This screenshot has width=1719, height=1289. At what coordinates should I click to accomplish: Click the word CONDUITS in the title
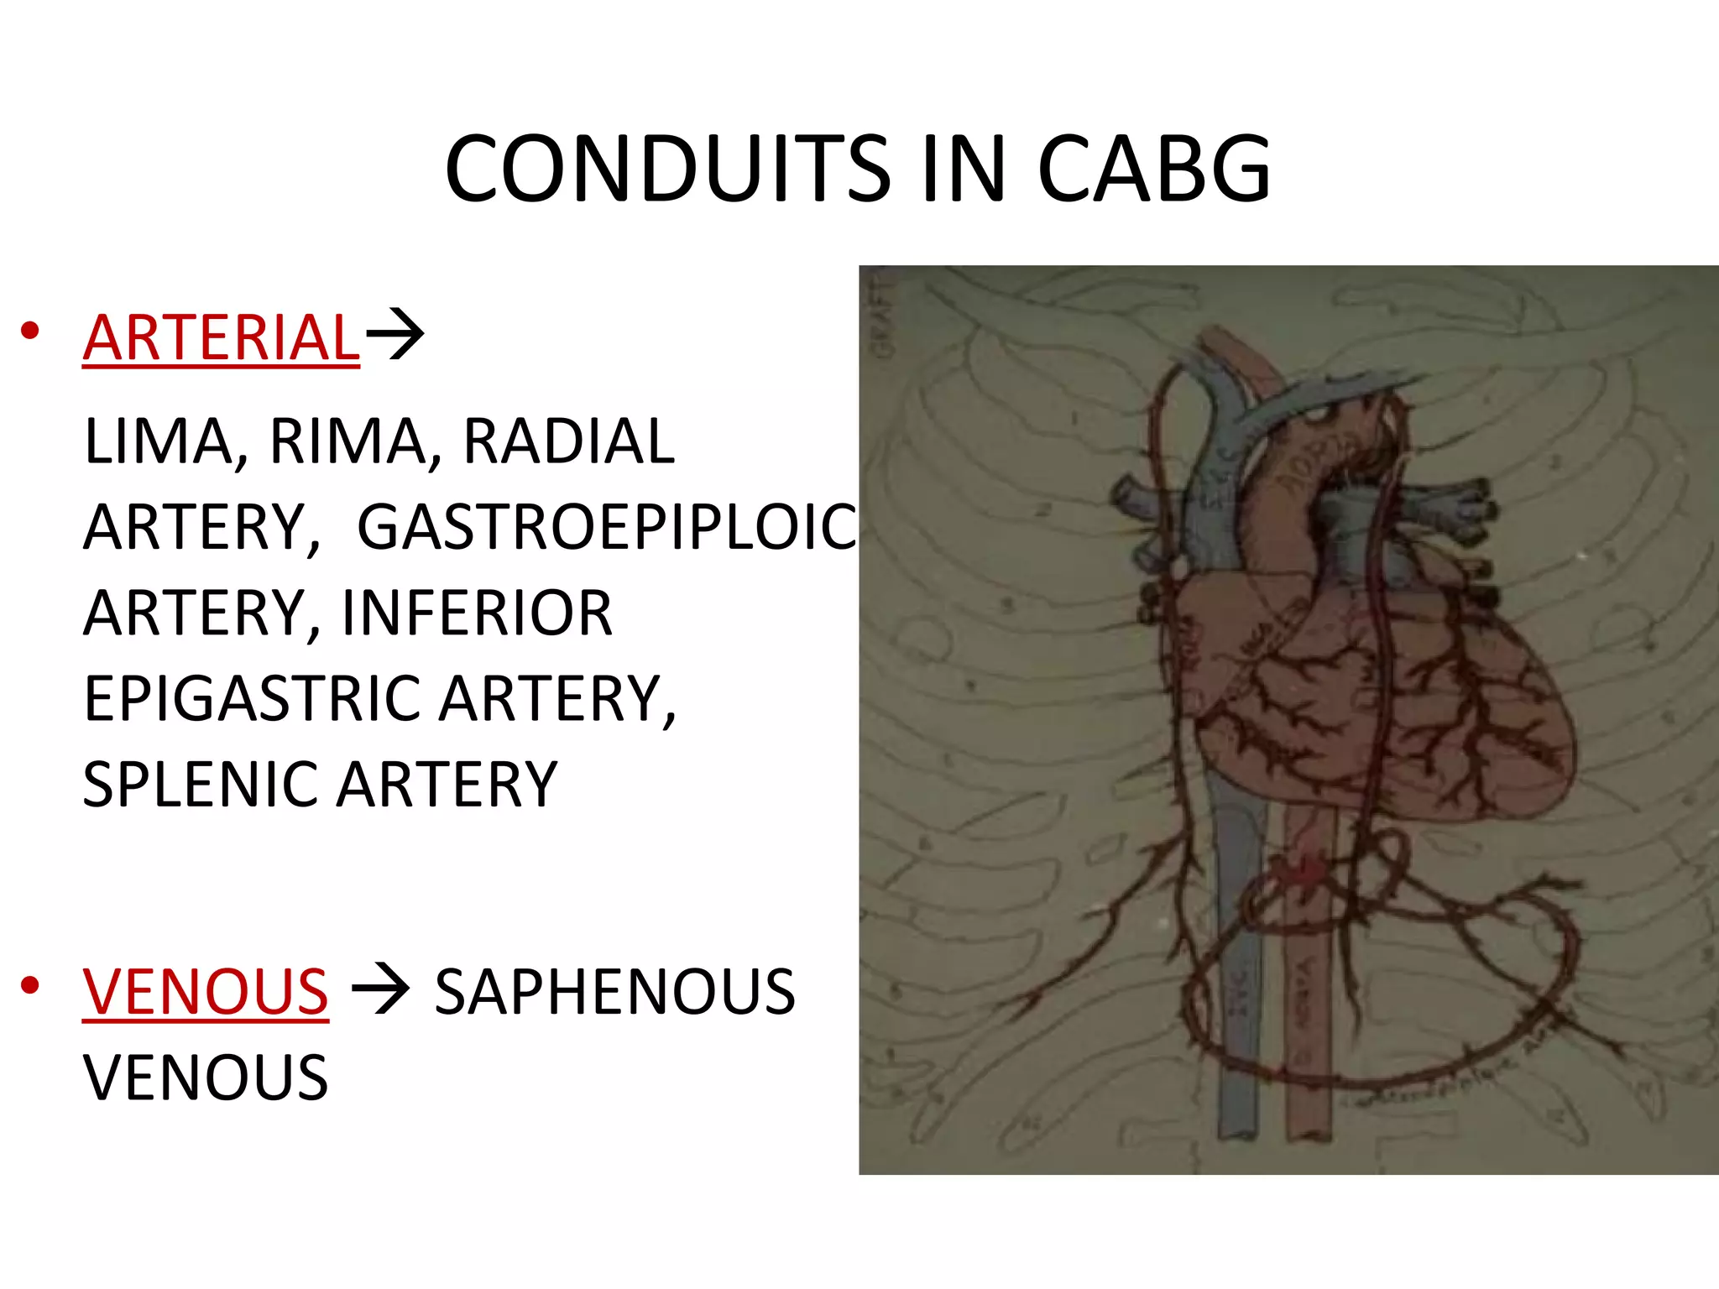tap(668, 170)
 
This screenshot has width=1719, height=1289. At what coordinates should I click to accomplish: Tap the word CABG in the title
tap(1154, 170)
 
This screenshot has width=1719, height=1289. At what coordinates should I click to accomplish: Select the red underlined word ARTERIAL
tap(222, 337)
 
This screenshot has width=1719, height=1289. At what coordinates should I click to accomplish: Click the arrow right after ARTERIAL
tap(395, 336)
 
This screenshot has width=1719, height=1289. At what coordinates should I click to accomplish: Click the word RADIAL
tap(569, 441)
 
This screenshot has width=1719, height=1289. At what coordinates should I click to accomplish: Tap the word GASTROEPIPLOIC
tap(607, 528)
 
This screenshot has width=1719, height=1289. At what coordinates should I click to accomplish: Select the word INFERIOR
tap(477, 613)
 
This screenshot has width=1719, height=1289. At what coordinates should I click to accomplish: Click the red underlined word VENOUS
tap(206, 992)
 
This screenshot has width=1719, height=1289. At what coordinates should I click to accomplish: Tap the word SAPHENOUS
tap(614, 992)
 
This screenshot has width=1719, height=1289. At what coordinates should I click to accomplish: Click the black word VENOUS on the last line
tap(206, 1078)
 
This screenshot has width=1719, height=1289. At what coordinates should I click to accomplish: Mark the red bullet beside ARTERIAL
tap(30, 331)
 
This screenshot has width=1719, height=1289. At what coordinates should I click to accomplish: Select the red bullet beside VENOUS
tap(30, 986)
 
